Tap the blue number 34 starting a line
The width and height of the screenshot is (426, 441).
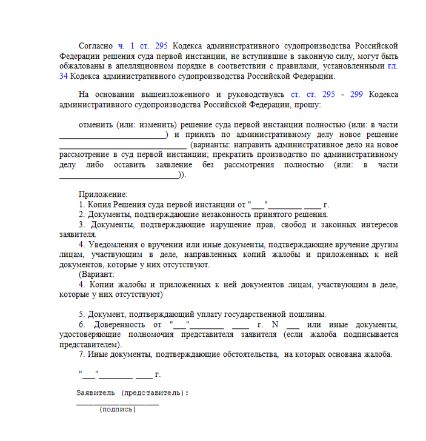(x=64, y=76)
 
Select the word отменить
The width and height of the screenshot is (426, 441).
(x=97, y=124)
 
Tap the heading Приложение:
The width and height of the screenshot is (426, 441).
(x=103, y=194)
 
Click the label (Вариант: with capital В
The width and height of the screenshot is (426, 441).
(x=96, y=274)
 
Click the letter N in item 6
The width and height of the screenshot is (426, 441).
(x=274, y=324)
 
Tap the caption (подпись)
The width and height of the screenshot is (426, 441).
(x=118, y=409)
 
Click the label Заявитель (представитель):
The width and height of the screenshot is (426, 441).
(x=132, y=393)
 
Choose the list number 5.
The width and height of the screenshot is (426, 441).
(x=81, y=314)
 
